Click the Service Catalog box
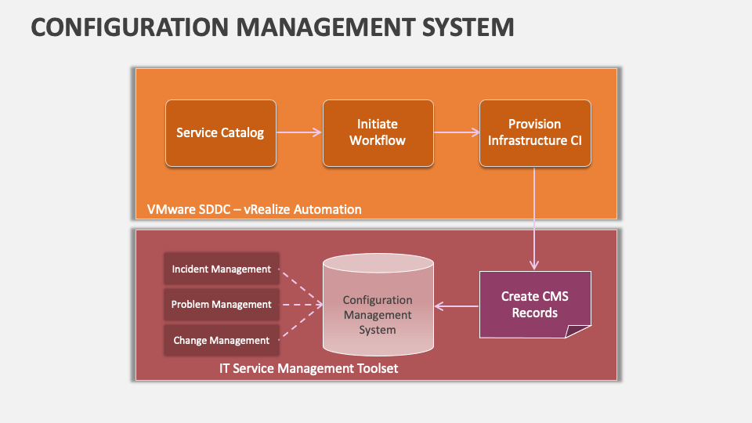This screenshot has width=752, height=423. coord(220,133)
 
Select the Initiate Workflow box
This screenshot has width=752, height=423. coord(378,133)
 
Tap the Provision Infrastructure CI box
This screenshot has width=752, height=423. coord(535,133)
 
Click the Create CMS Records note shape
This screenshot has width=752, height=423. coord(534,305)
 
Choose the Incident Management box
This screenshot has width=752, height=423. coord(221,269)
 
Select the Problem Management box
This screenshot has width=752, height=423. coord(221,304)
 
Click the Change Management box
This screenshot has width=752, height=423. coord(221,340)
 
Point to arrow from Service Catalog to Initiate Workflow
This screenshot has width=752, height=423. coord(299,133)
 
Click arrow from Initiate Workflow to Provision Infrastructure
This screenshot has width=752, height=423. coord(456,133)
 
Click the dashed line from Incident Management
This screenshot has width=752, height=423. coord(302,285)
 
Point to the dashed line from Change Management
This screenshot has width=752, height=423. coord(302,324)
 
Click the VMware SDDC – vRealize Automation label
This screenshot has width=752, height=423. coord(254,209)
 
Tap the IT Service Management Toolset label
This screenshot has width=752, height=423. coord(309,367)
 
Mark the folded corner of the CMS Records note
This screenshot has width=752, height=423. coord(578,330)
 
